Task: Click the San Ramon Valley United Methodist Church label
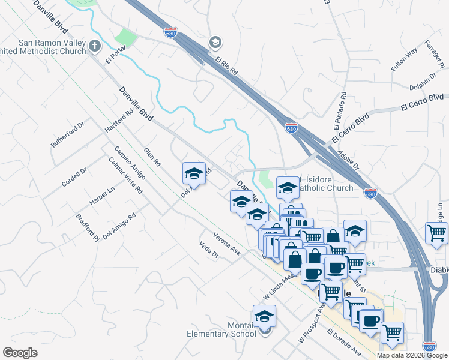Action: pos(52,47)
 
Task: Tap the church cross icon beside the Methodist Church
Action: pos(95,46)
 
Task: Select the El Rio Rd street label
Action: pos(228,65)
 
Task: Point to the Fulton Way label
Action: pos(404,60)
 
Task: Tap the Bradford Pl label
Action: pos(87,227)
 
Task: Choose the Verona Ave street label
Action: pos(227,243)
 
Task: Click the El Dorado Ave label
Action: pos(344,340)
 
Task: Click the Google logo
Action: pos(20,353)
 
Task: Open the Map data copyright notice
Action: pos(412,355)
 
